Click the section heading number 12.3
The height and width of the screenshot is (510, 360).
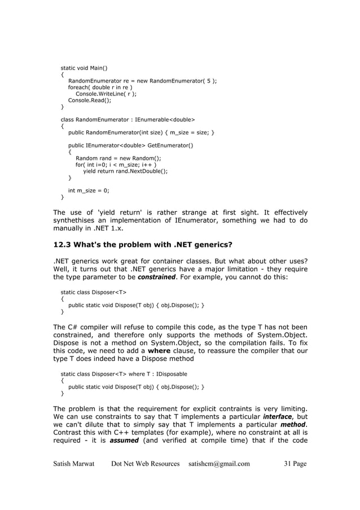click(62, 245)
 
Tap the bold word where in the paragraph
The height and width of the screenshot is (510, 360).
click(160, 351)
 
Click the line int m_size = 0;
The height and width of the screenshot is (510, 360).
click(89, 190)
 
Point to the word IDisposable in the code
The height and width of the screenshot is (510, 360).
click(170, 374)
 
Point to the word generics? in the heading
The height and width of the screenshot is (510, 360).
click(200, 245)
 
